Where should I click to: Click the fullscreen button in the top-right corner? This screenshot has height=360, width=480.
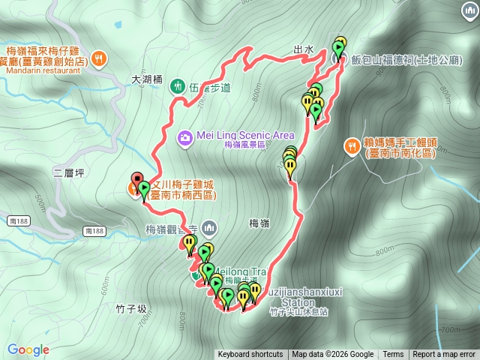pyautogui.click(x=464, y=16)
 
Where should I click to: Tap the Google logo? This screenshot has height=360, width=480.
pyautogui.click(x=28, y=349)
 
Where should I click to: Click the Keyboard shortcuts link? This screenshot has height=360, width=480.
pyautogui.click(x=250, y=355)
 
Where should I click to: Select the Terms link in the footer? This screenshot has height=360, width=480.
pyautogui.click(x=393, y=355)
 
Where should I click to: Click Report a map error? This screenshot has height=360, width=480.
pyautogui.click(x=444, y=355)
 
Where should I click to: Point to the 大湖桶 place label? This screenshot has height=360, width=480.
pyautogui.click(x=146, y=77)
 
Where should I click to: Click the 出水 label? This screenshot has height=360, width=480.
pyautogui.click(x=303, y=49)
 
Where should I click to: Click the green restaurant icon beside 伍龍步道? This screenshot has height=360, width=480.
pyautogui.click(x=178, y=86)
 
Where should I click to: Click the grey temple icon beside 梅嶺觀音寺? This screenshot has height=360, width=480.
pyautogui.click(x=208, y=226)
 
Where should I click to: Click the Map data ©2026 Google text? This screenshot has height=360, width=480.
pyautogui.click(x=333, y=355)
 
